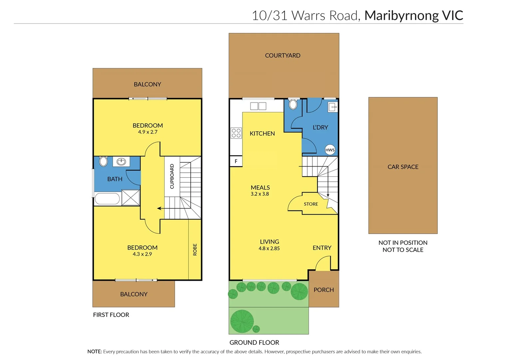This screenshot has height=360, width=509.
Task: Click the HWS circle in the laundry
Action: tap(330, 150)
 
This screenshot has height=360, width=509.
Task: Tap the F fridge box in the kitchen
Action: tap(236, 161)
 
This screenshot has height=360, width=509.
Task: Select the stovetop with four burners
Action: tap(236, 133)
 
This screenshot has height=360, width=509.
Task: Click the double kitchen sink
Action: tap(258, 106)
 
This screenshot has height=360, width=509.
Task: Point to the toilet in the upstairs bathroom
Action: tap(104, 161)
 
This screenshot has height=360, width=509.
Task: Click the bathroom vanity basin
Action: tap(121, 162)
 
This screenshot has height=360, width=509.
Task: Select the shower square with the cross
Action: tap(131, 197)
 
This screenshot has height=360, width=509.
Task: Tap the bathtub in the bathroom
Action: tap(107, 199)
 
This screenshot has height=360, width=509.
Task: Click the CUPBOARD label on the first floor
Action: tap(172, 176)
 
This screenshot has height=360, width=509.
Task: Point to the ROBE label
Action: tap(195, 250)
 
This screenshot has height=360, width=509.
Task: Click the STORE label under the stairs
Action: tap(311, 204)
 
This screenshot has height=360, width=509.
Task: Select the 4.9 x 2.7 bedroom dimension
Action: tap(148, 132)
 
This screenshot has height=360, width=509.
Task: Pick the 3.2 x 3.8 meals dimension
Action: tap(260, 194)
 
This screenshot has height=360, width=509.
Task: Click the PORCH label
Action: tap(323, 290)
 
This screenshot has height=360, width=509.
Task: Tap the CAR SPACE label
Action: tap(403, 167)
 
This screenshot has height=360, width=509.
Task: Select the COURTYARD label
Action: tap(282, 55)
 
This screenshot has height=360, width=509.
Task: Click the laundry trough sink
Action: tap(332, 107)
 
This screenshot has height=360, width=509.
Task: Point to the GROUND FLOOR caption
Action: tap(254, 342)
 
